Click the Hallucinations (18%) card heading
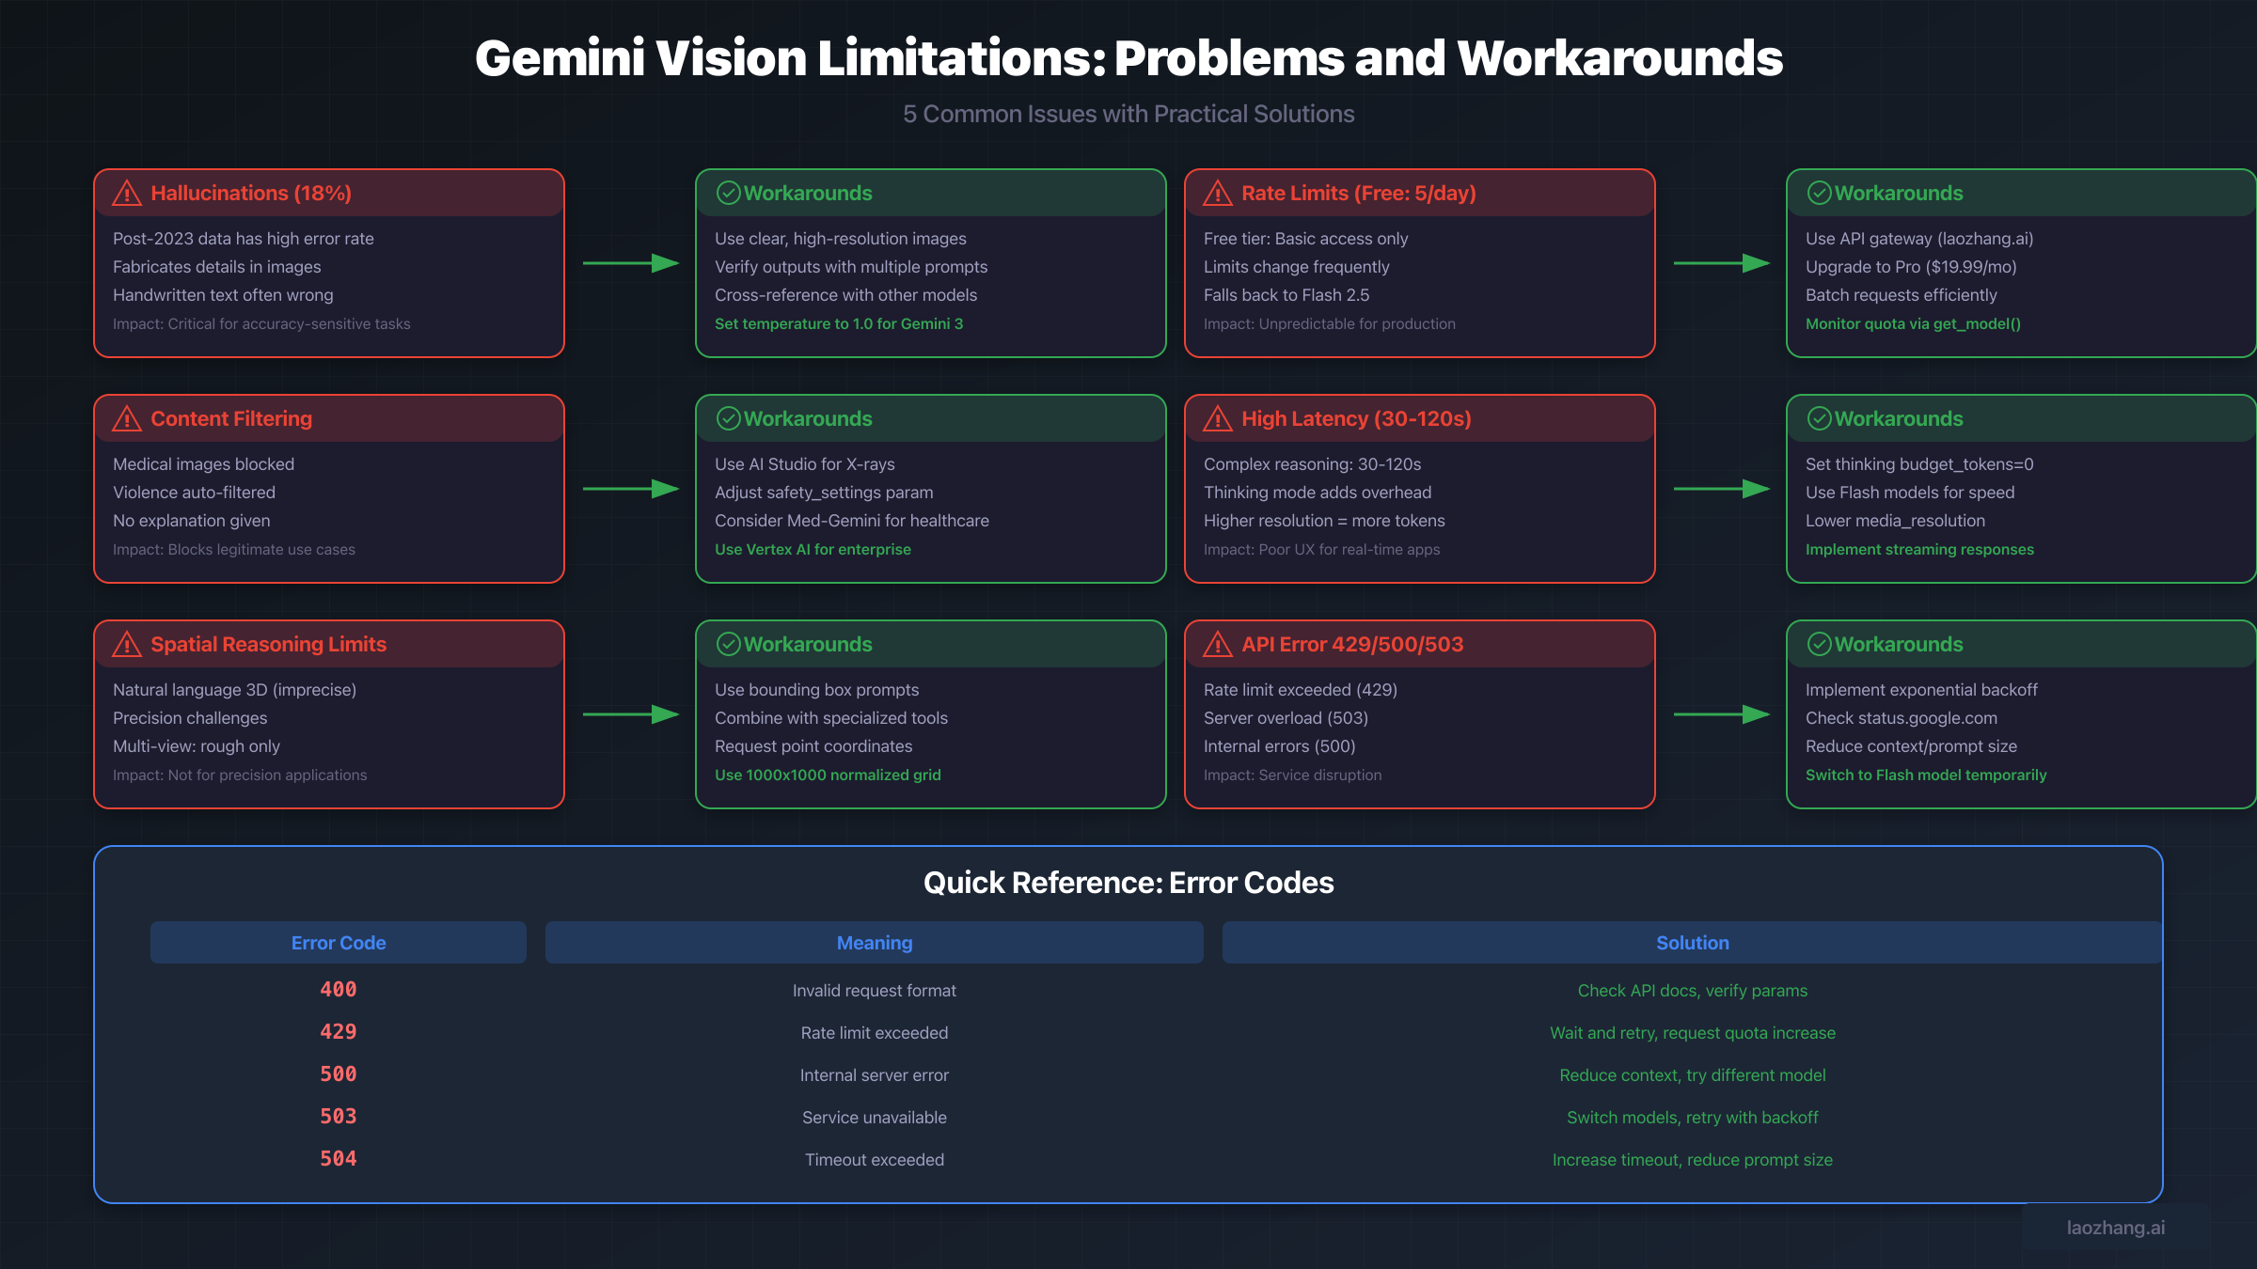point(250,194)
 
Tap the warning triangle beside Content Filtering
point(127,419)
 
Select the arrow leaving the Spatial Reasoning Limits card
point(630,714)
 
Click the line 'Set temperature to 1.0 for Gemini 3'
point(838,323)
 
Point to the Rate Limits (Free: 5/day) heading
point(1358,194)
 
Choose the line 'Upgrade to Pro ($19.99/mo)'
point(1910,267)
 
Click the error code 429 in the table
point(338,1032)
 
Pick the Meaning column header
point(874,943)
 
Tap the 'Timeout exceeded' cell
point(874,1160)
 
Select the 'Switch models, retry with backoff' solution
point(1692,1118)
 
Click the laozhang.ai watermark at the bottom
point(2115,1228)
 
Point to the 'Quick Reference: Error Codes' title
point(1128,883)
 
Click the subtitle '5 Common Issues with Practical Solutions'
point(1128,114)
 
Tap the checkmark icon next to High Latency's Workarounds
point(1819,419)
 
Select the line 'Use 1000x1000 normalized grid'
point(827,775)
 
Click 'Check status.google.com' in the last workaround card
point(1901,718)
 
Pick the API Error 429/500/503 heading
point(1351,645)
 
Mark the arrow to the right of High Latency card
point(1721,489)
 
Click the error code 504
point(338,1159)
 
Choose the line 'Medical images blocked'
point(203,464)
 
